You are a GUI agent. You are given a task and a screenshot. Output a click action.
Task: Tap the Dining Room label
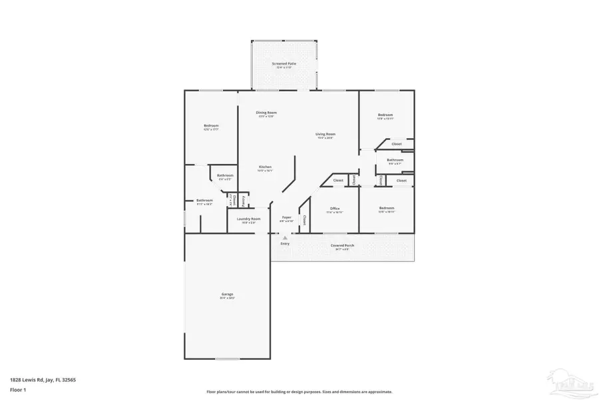point(266,113)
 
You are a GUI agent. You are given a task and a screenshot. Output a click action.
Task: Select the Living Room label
point(325,134)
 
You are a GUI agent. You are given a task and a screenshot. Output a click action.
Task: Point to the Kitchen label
point(265,167)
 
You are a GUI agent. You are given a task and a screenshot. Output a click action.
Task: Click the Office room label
point(335,209)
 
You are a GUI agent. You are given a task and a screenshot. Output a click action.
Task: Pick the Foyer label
point(287,217)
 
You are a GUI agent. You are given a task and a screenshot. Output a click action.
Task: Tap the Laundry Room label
point(246,219)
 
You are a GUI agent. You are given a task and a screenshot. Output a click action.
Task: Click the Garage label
point(228,294)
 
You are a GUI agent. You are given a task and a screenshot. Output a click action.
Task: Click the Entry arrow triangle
point(285,236)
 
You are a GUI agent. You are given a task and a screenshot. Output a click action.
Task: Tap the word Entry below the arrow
point(285,243)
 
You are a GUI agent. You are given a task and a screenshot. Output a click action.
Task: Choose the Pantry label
point(244,201)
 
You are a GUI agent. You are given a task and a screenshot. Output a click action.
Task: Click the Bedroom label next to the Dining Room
point(211,125)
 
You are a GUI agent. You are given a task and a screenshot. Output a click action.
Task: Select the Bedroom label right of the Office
point(386,209)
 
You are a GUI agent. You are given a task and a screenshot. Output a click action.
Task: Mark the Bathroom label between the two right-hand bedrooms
point(395,160)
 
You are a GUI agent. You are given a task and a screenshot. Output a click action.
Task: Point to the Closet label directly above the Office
point(338,181)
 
